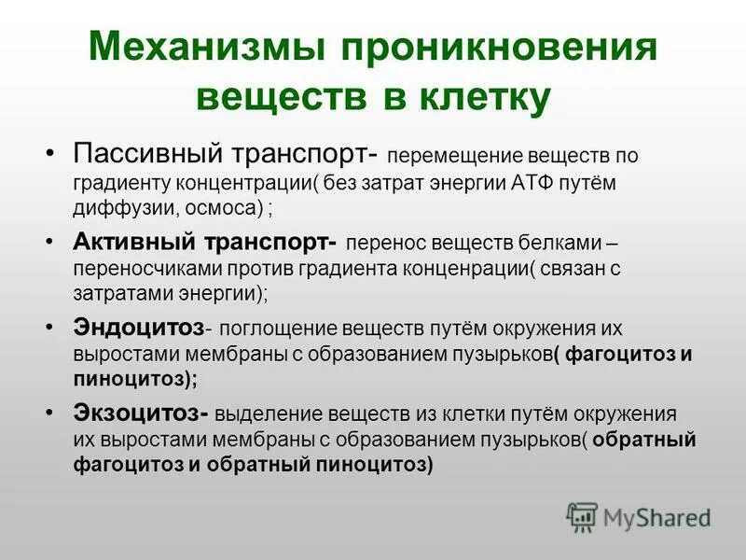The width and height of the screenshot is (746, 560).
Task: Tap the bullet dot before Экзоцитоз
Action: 51,413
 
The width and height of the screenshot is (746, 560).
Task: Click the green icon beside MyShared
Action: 582,516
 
